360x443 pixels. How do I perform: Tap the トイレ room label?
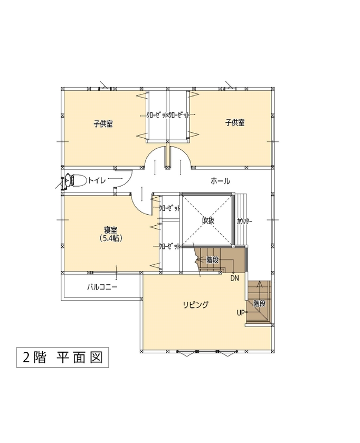[x=97, y=180]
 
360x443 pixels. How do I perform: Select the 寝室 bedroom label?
[x=110, y=229]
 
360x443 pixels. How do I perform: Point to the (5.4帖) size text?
[x=110, y=238]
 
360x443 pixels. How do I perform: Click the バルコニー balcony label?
[x=102, y=287]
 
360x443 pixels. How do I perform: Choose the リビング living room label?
[x=196, y=305]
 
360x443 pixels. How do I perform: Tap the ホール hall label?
[x=220, y=181]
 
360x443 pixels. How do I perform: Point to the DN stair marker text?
[x=234, y=278]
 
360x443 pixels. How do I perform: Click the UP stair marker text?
[x=240, y=313]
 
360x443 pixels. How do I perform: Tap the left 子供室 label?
[x=103, y=124]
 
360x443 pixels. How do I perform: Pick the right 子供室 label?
[x=234, y=123]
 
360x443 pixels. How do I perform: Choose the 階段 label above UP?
[x=259, y=303]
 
